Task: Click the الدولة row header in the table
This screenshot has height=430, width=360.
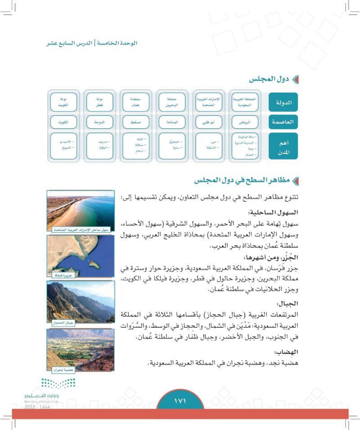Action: (283, 103)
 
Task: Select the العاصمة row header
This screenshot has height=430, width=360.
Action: (283, 122)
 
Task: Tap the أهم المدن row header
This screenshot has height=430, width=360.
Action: (283, 146)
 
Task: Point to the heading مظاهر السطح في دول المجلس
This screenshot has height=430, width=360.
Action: (246, 181)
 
